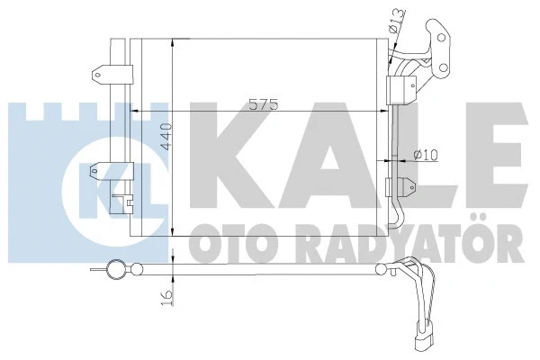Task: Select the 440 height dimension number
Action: [x=164, y=136]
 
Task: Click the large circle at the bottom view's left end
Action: [x=115, y=268]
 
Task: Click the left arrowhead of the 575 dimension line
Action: [x=135, y=112]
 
